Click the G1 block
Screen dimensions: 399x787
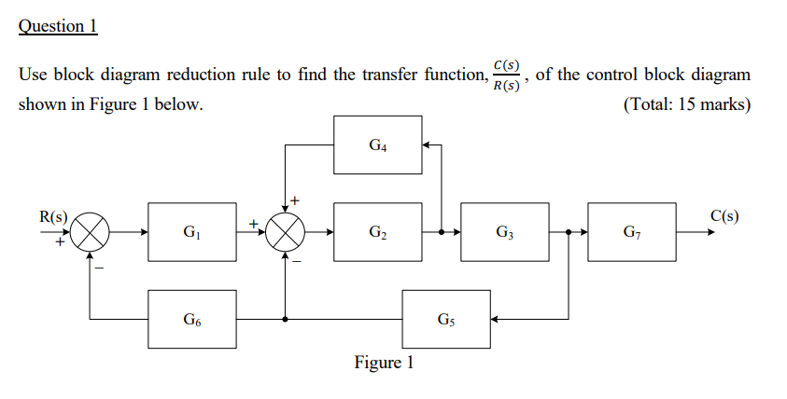click(x=191, y=232)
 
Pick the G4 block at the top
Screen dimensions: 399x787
click(x=378, y=145)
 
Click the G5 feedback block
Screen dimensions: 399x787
click(x=445, y=320)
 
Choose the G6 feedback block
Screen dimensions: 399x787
click(x=191, y=320)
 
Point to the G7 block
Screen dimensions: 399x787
click(x=631, y=232)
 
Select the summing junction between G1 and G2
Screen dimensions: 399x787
click(x=284, y=233)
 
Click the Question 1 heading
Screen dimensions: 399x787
click(x=58, y=26)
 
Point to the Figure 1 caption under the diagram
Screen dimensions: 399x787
click(x=383, y=363)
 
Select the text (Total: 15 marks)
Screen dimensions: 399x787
click(x=685, y=104)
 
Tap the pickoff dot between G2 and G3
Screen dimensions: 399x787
click(x=441, y=233)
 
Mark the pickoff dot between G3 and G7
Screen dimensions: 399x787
click(x=568, y=233)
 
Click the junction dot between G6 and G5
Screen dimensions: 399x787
click(x=284, y=320)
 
